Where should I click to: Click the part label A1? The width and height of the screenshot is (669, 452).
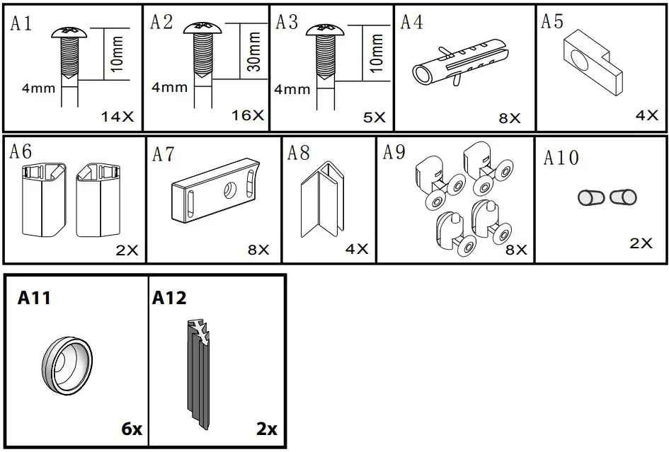(21, 24)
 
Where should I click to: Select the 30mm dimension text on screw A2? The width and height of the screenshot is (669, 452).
(253, 51)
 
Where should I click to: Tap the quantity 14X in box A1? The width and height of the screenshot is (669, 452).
(117, 117)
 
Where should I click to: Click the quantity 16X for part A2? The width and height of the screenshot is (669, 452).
(248, 115)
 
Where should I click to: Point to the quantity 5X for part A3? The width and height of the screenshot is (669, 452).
(374, 117)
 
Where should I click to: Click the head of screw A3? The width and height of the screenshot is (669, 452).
(326, 29)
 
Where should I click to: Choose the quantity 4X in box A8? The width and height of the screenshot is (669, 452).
(357, 249)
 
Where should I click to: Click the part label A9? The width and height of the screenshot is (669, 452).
(394, 152)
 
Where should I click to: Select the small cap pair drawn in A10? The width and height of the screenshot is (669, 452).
(607, 197)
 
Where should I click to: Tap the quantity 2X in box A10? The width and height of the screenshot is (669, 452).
(641, 243)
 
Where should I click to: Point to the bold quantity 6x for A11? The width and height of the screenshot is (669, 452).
(131, 429)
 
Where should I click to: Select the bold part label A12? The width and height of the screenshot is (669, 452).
(169, 299)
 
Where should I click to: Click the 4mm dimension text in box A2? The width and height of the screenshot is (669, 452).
(169, 88)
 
